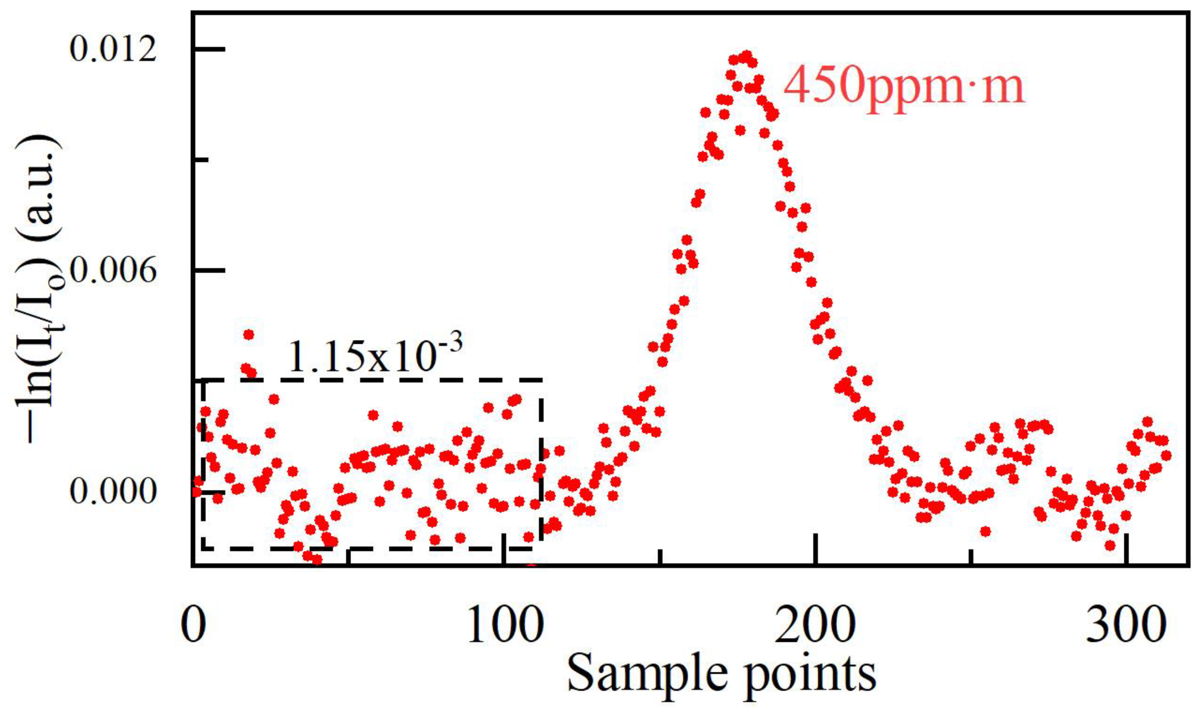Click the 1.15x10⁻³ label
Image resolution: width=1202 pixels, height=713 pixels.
(375, 357)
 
